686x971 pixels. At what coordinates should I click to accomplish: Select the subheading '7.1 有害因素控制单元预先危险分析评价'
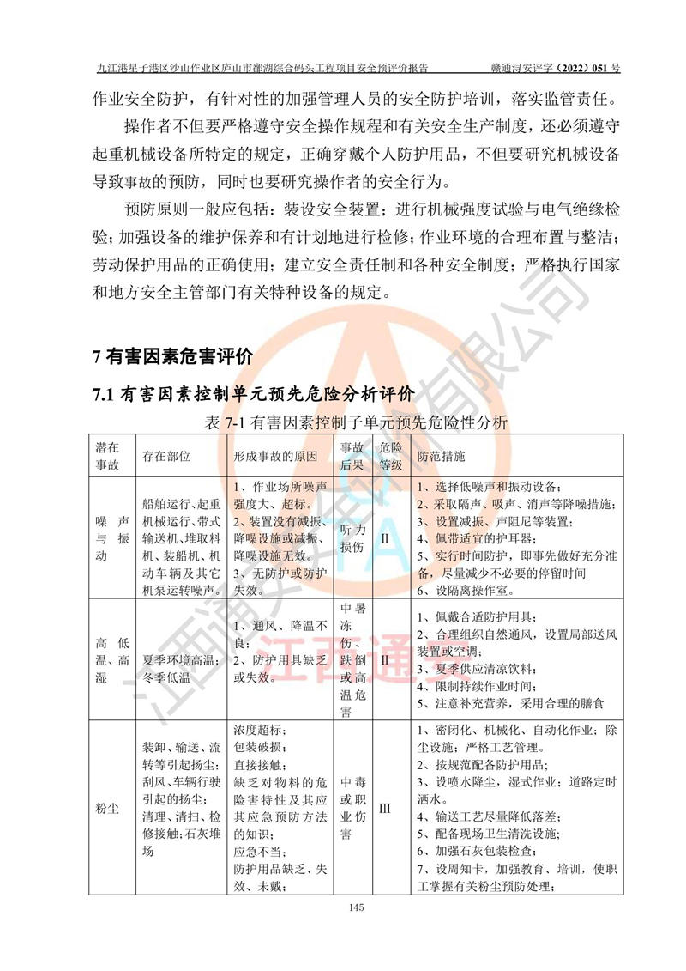pyautogui.click(x=254, y=394)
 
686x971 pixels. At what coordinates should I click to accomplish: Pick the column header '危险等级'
pyautogui.click(x=391, y=455)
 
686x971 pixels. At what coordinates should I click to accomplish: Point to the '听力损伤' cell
pyautogui.click(x=353, y=538)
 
